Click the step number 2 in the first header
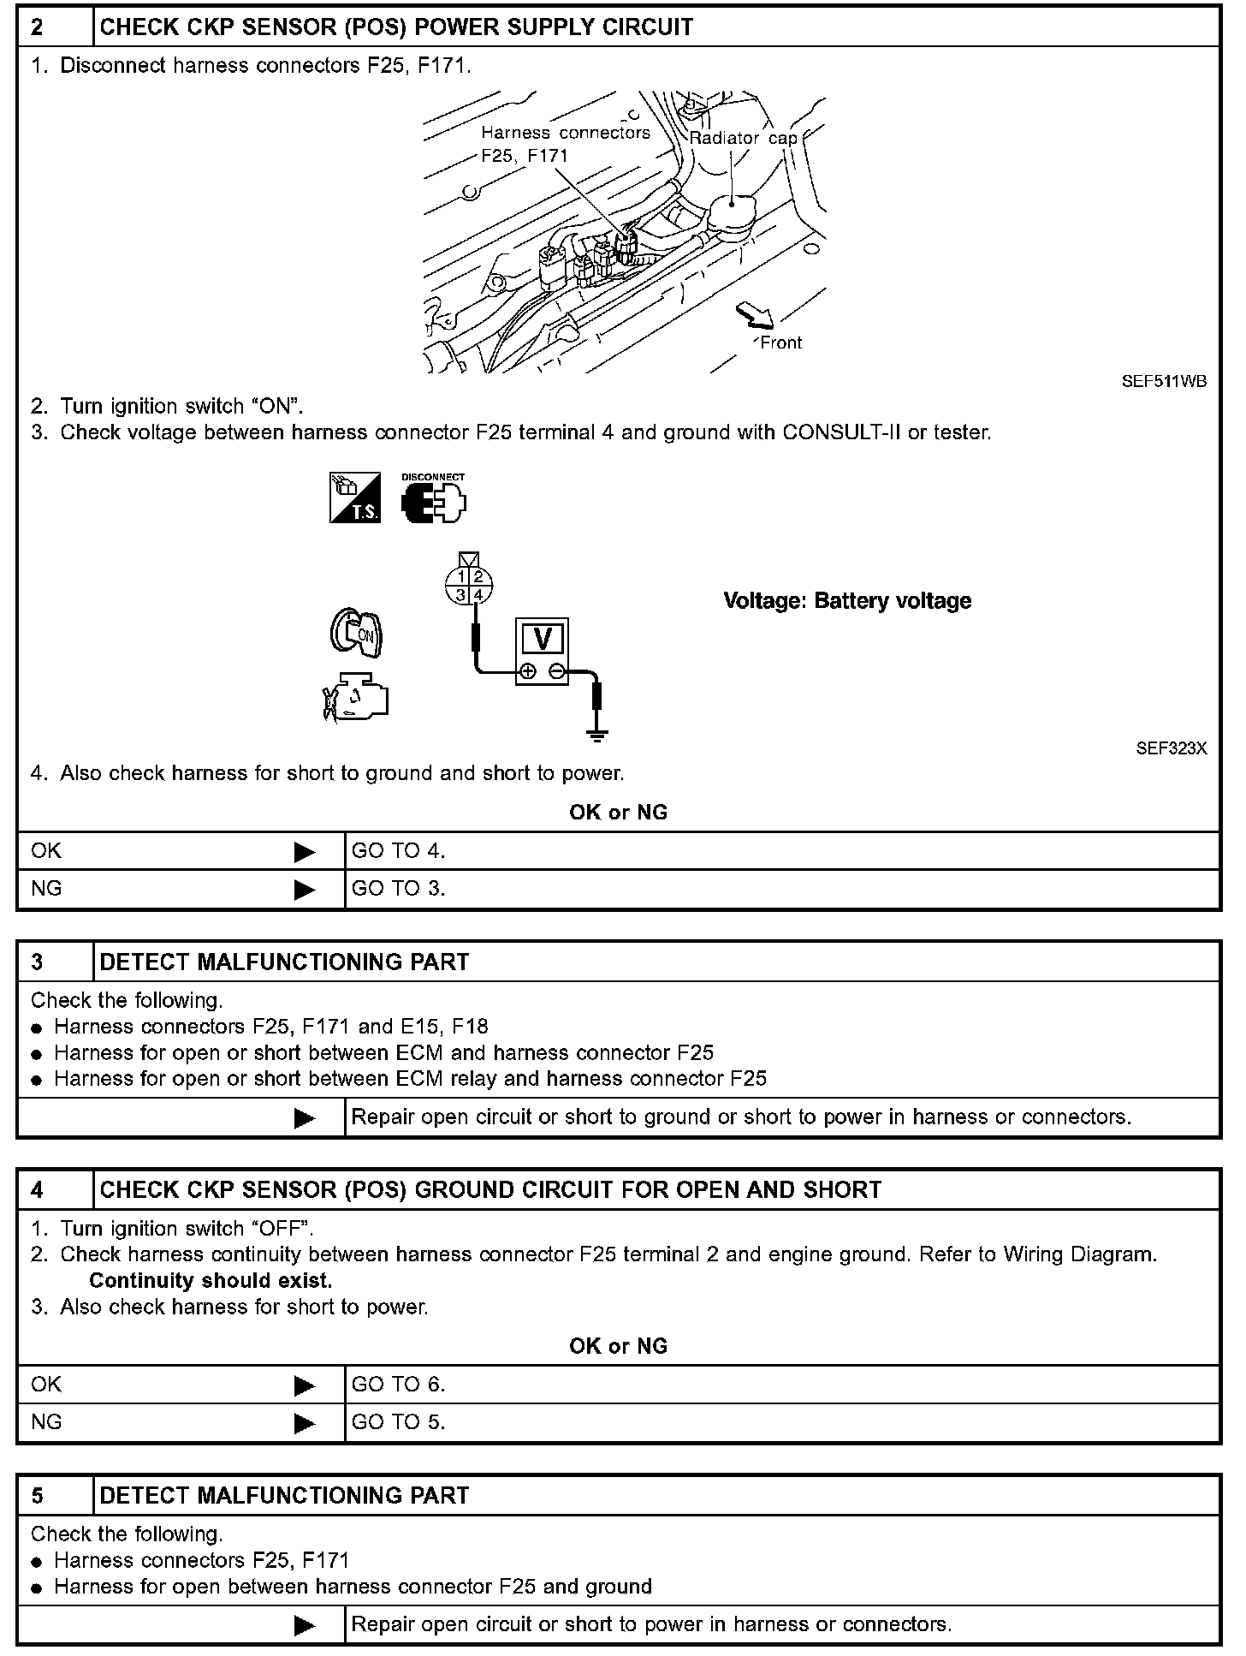click(x=37, y=27)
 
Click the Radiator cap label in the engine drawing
click(x=743, y=138)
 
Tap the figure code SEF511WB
click(x=1164, y=382)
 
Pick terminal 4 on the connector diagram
click(x=479, y=594)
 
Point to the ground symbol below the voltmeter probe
click(x=597, y=733)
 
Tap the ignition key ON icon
click(x=357, y=634)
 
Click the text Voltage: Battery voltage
click(x=847, y=601)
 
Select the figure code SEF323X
click(x=1171, y=748)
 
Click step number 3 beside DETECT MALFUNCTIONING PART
click(x=37, y=962)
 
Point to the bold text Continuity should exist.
click(x=211, y=1281)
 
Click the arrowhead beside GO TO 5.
click(x=304, y=1423)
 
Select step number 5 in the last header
click(x=37, y=1496)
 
